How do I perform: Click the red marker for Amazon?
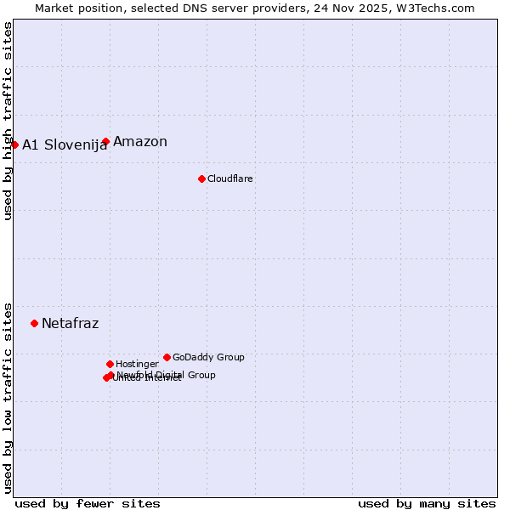105,142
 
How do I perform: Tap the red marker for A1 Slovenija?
14,144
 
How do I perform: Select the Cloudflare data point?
201,178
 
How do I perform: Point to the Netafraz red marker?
34,323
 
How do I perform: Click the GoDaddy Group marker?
167,357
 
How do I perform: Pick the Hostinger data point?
110,364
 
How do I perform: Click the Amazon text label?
140,142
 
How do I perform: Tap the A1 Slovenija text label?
65,144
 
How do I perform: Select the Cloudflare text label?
230,178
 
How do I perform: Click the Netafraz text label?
70,323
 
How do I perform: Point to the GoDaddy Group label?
208,357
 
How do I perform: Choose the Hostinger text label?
137,364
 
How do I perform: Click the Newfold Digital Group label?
166,375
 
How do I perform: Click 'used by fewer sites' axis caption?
88,503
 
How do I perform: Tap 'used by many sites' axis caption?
427,503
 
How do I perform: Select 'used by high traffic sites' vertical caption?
8,121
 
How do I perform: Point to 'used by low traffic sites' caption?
8,397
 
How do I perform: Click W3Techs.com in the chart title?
438,8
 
